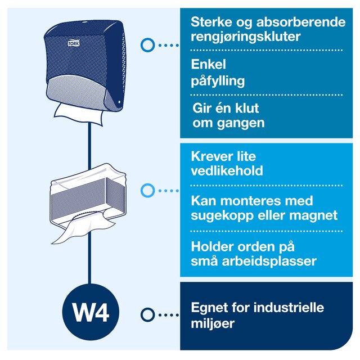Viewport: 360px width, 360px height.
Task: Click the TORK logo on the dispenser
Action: pyautogui.click(x=74, y=43)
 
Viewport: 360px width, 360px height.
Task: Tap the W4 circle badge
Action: pyautogui.click(x=91, y=312)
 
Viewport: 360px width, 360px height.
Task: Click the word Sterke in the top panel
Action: pyautogui.click(x=211, y=22)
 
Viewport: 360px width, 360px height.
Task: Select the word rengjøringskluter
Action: pyautogui.click(x=245, y=37)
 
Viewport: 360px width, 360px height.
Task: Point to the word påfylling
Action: pyautogui.click(x=218, y=81)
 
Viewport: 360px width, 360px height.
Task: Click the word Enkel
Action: pyautogui.click(x=208, y=64)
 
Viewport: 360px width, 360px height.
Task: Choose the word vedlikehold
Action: pyautogui.click(x=227, y=170)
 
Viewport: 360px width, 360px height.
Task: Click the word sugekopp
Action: pyautogui.click(x=222, y=216)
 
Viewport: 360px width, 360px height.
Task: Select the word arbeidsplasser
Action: pyautogui.click(x=269, y=261)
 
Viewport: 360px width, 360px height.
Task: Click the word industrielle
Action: pyautogui.click(x=289, y=308)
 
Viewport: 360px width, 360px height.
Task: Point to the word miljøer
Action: pyautogui.click(x=213, y=323)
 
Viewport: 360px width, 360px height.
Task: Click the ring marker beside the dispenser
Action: pyautogui.click(x=147, y=45)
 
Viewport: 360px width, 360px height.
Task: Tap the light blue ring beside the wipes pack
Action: pyautogui.click(x=147, y=190)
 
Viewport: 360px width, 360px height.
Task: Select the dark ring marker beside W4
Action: pyautogui.click(x=147, y=315)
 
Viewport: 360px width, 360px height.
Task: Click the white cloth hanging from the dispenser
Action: pyautogui.click(x=79, y=114)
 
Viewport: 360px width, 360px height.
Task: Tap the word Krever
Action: pyautogui.click(x=209, y=156)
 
